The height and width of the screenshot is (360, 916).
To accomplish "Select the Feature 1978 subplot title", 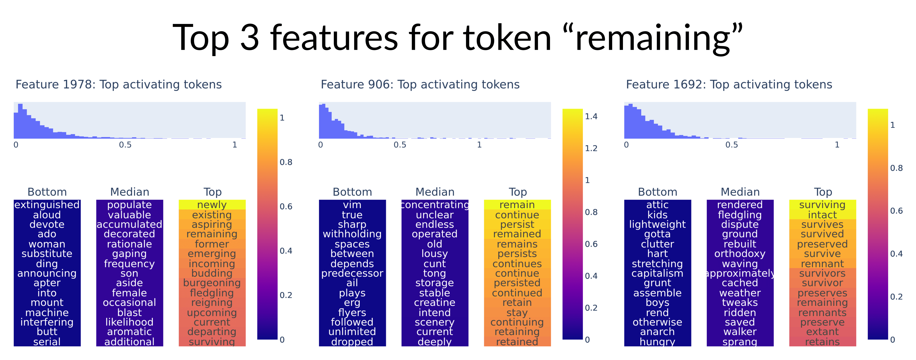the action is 118,85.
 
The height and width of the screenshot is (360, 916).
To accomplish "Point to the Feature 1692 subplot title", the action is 729,85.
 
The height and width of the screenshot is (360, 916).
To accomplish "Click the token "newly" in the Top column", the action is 212,205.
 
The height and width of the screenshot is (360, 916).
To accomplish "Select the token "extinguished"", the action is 47,205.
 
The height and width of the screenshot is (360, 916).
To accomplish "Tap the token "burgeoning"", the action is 212,283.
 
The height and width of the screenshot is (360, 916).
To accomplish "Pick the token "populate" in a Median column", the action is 129,205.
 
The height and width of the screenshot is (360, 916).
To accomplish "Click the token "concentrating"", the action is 435,205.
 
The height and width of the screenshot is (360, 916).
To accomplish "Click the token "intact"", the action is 822,215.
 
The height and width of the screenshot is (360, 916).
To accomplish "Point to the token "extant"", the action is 822,332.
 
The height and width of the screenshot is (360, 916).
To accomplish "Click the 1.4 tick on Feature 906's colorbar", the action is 591,116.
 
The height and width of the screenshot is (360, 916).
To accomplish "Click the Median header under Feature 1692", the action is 740,192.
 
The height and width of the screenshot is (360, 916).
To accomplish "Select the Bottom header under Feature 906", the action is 352,192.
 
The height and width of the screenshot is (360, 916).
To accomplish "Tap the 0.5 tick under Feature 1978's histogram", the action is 125,145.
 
